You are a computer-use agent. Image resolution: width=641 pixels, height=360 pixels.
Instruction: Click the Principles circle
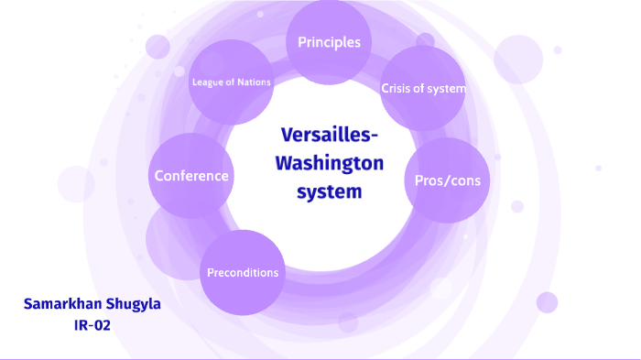pyautogui.click(x=329, y=38)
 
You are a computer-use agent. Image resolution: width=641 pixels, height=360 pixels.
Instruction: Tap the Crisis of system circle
pyautogui.click(x=423, y=89)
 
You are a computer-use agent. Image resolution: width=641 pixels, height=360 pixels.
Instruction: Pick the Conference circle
pyautogui.click(x=191, y=175)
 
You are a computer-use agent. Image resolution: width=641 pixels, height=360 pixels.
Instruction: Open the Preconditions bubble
pyautogui.click(x=243, y=272)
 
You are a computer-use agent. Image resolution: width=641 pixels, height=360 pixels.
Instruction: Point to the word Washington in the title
pyautogui.click(x=329, y=165)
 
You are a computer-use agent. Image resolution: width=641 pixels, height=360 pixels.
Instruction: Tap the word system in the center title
pyautogui.click(x=329, y=192)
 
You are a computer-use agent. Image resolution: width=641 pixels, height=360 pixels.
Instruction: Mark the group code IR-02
pyautogui.click(x=92, y=323)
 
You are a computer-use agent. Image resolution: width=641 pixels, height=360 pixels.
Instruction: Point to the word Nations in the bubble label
pyautogui.click(x=253, y=82)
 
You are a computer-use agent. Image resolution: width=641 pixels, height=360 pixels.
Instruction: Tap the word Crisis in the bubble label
pyautogui.click(x=397, y=89)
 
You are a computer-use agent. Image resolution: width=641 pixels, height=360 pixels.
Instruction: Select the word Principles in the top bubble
pyautogui.click(x=329, y=42)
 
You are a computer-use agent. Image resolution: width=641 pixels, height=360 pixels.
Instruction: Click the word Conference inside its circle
pyautogui.click(x=191, y=176)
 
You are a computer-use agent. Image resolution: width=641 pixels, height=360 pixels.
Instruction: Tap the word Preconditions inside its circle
pyautogui.click(x=243, y=273)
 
